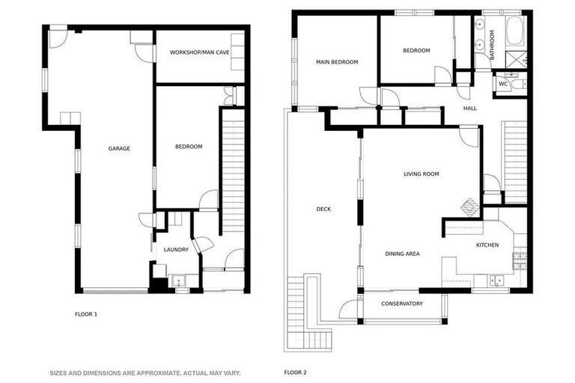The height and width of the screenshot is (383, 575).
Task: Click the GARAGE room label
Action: (119, 148)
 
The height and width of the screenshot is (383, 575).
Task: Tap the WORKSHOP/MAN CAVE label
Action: (199, 52)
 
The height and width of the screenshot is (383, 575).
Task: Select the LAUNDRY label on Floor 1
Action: (175, 249)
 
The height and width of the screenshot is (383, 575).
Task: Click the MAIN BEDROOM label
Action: (337, 61)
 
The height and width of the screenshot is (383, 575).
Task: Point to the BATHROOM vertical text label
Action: (492, 45)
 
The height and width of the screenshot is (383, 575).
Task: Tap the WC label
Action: (505, 84)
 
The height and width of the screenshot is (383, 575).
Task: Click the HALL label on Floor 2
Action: (470, 108)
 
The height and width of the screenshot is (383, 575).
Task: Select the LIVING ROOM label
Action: (421, 174)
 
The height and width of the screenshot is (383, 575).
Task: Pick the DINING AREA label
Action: (402, 254)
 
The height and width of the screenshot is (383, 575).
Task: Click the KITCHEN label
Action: (487, 245)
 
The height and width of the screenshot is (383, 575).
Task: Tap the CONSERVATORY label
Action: (402, 304)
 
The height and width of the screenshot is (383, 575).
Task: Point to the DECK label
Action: (323, 209)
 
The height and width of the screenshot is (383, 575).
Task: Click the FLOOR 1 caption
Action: (86, 314)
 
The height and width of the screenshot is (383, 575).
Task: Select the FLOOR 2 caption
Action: (295, 372)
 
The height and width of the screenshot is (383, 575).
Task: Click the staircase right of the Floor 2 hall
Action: (516, 162)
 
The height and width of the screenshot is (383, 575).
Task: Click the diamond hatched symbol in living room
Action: (469, 205)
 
